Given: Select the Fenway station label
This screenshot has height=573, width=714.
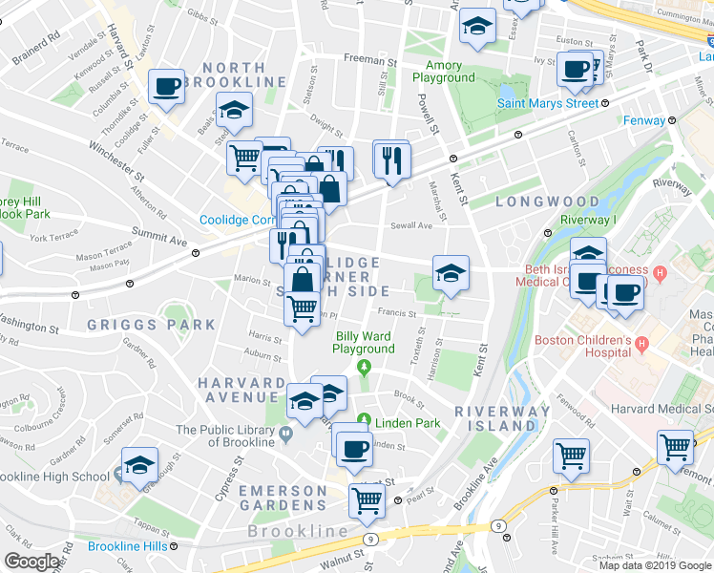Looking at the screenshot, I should pyautogui.click(x=643, y=121).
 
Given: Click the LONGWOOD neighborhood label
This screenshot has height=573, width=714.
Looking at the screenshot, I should pyautogui.click(x=548, y=202).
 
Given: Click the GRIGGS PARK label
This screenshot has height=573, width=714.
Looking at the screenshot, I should pyautogui.click(x=152, y=325).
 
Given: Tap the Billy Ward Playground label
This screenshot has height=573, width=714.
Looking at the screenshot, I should pyautogui.click(x=364, y=342).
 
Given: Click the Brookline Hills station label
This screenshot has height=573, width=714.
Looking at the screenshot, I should pyautogui.click(x=128, y=546).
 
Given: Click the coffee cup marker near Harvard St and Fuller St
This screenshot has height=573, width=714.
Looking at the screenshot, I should pyautogui.click(x=167, y=88).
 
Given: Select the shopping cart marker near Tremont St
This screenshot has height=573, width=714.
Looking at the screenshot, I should pyautogui.click(x=675, y=446).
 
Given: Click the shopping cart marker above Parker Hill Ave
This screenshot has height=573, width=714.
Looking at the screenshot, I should pyautogui.click(x=571, y=456).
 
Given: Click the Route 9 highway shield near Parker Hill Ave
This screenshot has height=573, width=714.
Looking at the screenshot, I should pyautogui.click(x=497, y=525).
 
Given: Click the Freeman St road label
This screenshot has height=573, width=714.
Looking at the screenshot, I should pyautogui.click(x=369, y=60).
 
